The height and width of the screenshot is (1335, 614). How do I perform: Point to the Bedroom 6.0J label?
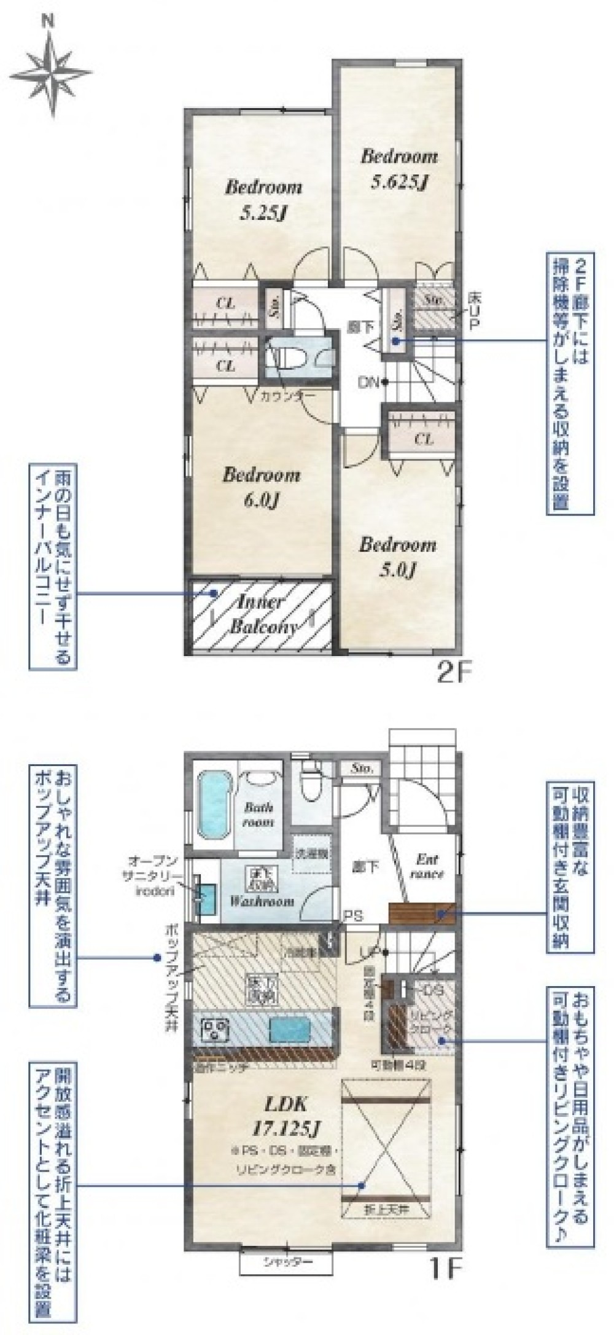pyautogui.click(x=261, y=488)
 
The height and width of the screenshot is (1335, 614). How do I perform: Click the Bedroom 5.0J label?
pyautogui.click(x=397, y=557)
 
